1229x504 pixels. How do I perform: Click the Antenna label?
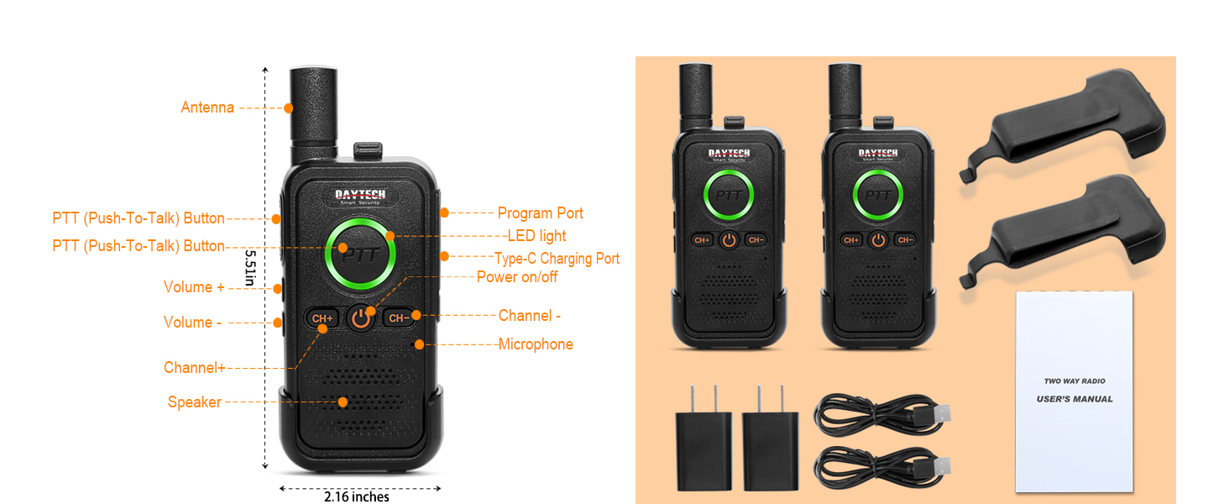pos(207,107)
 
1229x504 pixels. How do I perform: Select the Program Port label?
pos(540,213)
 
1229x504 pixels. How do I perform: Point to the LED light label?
pos(536,235)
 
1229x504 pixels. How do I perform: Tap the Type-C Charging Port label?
pos(557,258)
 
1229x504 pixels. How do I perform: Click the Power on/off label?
pos(517,276)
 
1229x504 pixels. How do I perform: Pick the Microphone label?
pos(536,344)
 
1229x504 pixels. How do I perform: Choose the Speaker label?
pos(194,402)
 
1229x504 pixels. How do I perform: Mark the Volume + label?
pos(194,287)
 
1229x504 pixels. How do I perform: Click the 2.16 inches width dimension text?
pos(357,496)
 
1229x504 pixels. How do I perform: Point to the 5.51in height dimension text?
pos(250,267)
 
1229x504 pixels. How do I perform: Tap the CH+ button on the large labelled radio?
pos(322,318)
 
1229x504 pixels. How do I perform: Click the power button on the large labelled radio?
pos(360,318)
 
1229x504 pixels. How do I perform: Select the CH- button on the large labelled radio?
pos(399,318)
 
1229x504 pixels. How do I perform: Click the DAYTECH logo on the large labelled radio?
pos(360,196)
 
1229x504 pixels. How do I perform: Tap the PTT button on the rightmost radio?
pos(878,195)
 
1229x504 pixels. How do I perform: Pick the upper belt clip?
pos(1062,125)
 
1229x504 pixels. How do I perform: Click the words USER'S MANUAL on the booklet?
pos(1075,399)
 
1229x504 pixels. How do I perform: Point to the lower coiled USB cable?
pos(882,467)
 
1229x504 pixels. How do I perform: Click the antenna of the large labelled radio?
pos(313,115)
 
